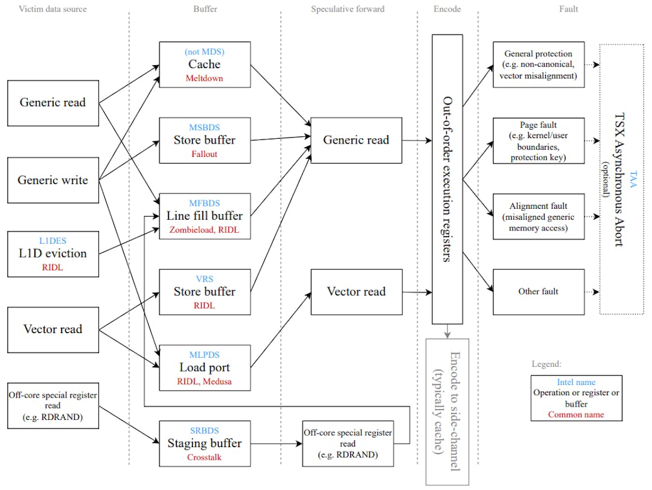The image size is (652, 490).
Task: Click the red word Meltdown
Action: click(x=204, y=78)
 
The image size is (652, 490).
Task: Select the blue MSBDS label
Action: click(x=204, y=127)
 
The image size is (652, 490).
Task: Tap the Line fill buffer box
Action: click(x=205, y=216)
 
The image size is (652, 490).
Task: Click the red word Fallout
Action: click(x=204, y=154)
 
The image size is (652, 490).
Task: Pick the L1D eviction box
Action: click(x=53, y=253)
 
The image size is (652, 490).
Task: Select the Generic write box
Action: click(x=53, y=179)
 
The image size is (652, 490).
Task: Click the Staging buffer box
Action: click(x=205, y=444)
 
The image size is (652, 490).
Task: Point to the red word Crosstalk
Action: click(x=204, y=457)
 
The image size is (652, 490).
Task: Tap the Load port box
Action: click(x=205, y=367)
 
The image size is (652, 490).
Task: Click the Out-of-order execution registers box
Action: click(x=447, y=179)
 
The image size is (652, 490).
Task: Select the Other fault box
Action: click(x=539, y=291)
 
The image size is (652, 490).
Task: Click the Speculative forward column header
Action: click(x=348, y=9)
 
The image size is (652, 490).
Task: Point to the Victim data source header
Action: click(x=53, y=9)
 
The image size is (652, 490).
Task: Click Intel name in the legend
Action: click(x=576, y=383)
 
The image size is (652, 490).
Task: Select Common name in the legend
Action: click(x=576, y=415)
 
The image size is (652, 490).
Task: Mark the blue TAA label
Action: click(x=633, y=179)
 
